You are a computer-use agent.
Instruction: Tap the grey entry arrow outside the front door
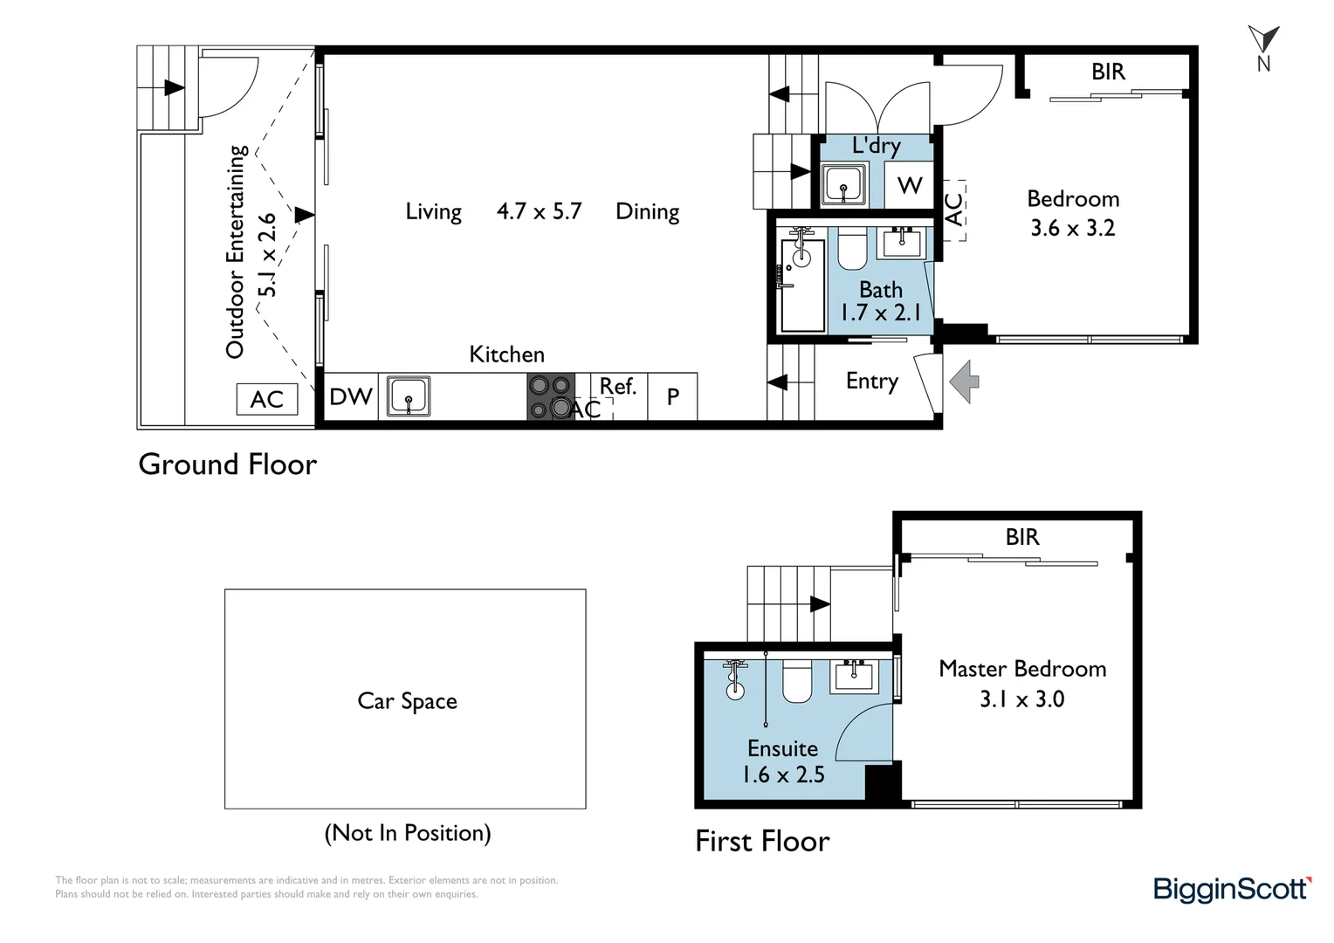(964, 382)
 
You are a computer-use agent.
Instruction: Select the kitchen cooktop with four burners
(551, 396)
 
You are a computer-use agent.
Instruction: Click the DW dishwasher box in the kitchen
(351, 396)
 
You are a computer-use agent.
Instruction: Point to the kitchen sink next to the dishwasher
(409, 396)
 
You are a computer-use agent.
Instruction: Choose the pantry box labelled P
(672, 396)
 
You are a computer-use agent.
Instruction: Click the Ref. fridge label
(617, 387)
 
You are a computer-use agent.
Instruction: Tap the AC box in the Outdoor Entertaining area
(267, 399)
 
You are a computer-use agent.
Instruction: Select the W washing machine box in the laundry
(910, 185)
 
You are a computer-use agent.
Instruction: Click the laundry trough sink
(843, 185)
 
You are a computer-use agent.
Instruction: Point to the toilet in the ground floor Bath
(852, 251)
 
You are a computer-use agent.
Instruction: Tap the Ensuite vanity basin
(855, 676)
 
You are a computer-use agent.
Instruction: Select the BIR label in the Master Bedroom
(1022, 537)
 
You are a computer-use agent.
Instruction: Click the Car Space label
(408, 701)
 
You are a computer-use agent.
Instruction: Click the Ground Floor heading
(228, 464)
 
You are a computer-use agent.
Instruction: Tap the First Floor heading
(762, 841)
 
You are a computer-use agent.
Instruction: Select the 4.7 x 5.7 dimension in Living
(539, 211)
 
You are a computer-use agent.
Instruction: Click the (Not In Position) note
(408, 833)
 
